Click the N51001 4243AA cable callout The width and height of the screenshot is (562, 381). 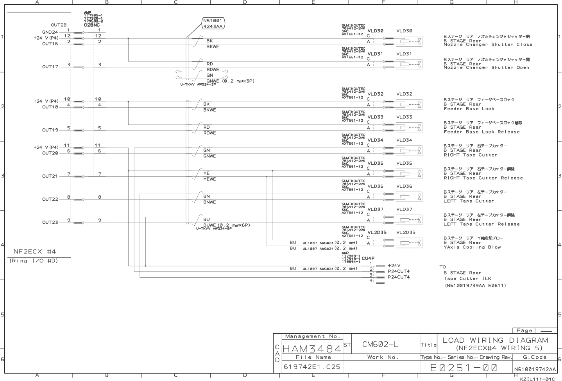[x=213, y=23]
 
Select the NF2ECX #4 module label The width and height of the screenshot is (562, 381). [x=35, y=252]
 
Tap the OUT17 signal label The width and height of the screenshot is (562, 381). [x=50, y=67]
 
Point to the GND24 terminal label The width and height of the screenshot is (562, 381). [x=50, y=32]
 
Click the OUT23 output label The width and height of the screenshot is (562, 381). [x=50, y=223]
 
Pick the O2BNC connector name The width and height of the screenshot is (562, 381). [x=91, y=25]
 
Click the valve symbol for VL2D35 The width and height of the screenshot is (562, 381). [x=409, y=243]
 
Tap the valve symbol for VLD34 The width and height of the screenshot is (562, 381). [x=409, y=151]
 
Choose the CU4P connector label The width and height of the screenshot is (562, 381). [x=368, y=258]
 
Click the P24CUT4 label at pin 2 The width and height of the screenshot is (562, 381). [x=398, y=271]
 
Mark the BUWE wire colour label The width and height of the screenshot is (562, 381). [x=209, y=225]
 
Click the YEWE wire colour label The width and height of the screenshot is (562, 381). [x=209, y=179]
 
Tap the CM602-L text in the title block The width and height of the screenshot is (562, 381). [x=380, y=344]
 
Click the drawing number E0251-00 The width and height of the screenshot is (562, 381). [x=464, y=368]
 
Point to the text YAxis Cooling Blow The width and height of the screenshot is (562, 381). [x=472, y=247]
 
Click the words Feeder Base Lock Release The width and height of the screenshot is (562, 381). [x=481, y=132]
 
